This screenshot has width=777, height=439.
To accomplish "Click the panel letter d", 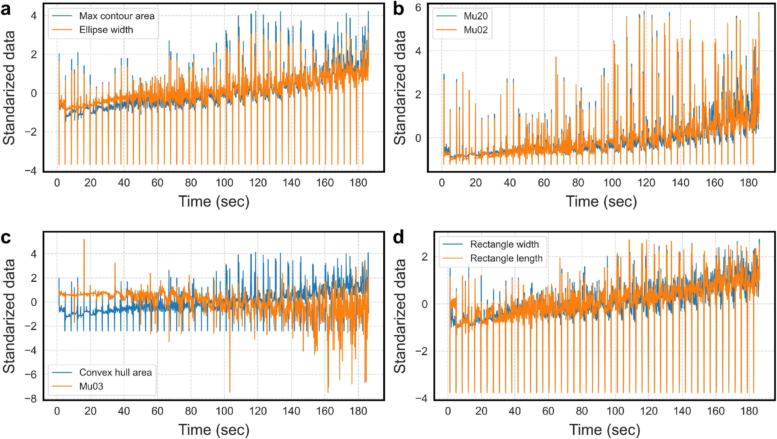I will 398,238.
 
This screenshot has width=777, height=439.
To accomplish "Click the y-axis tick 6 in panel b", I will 418,8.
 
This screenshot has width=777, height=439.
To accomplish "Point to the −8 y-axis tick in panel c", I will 31,399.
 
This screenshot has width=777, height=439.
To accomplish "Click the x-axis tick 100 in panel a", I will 224,183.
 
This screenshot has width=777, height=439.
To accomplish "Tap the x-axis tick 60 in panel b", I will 544,183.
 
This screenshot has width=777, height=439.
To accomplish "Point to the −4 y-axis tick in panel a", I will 31,171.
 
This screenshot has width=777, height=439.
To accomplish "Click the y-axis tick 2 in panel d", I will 424,257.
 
